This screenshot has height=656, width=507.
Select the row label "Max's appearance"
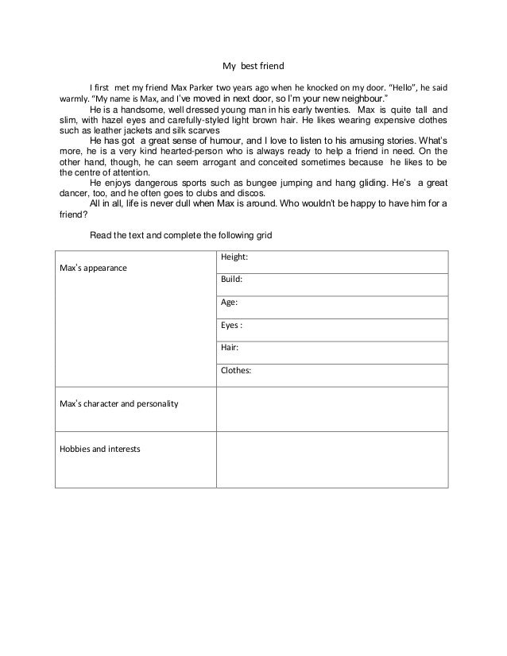point(93,268)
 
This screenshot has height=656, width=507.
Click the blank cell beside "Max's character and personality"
point(331,403)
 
